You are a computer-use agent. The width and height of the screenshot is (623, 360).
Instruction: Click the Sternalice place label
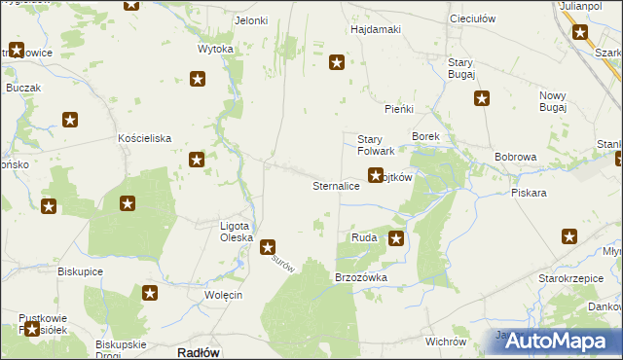click(336, 185)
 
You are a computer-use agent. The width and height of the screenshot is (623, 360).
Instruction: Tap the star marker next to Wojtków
click(375, 176)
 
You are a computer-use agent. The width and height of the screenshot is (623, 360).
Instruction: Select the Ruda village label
click(364, 237)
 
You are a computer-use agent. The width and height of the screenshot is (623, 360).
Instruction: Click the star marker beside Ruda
click(396, 237)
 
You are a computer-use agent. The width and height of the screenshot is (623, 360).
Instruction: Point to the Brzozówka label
click(361, 277)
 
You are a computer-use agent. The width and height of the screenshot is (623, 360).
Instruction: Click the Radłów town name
click(199, 352)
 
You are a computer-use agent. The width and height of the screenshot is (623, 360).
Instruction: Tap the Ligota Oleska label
click(237, 232)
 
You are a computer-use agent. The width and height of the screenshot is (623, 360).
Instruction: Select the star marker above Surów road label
click(268, 248)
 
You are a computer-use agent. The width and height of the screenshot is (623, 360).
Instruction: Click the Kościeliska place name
click(145, 138)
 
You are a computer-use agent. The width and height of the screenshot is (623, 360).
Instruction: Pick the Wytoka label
click(215, 49)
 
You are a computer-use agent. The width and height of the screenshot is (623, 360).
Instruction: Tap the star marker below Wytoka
click(198, 80)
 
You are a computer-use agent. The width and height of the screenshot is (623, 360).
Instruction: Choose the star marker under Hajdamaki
click(337, 63)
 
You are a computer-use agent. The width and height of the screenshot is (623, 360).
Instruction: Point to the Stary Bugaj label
click(460, 68)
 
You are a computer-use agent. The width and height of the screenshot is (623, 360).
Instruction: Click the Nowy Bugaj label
click(553, 100)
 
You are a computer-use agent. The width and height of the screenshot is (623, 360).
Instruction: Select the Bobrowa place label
click(516, 157)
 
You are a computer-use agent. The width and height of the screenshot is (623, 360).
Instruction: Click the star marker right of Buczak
click(70, 120)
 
